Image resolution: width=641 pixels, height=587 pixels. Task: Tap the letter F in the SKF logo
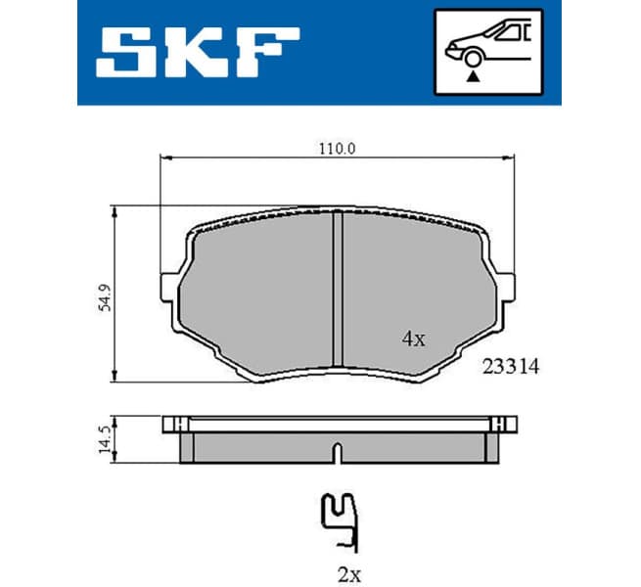(265, 54)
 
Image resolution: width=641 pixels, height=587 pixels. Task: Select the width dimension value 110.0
(336, 148)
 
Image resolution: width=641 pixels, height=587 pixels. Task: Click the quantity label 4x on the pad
(413, 339)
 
